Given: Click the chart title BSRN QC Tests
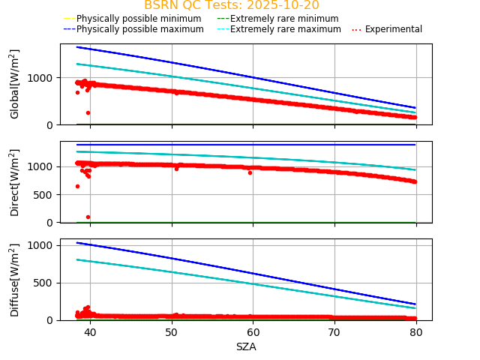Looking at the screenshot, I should (x=231, y=5).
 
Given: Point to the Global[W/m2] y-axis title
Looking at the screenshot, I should (x=15, y=84).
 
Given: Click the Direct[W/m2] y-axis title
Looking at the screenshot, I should (x=15, y=182).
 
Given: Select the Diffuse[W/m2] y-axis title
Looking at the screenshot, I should (x=15, y=280).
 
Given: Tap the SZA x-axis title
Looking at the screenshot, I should (x=246, y=346).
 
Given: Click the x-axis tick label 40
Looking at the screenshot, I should (x=90, y=332).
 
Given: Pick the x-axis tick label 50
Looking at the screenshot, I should (x=172, y=332).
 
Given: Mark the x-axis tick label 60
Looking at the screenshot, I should (x=253, y=332).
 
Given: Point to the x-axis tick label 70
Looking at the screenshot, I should (x=334, y=332).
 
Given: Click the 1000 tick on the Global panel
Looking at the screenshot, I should (x=40, y=78).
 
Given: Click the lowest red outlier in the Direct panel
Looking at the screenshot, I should (x=88, y=217).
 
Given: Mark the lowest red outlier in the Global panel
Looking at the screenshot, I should (x=88, y=112).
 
